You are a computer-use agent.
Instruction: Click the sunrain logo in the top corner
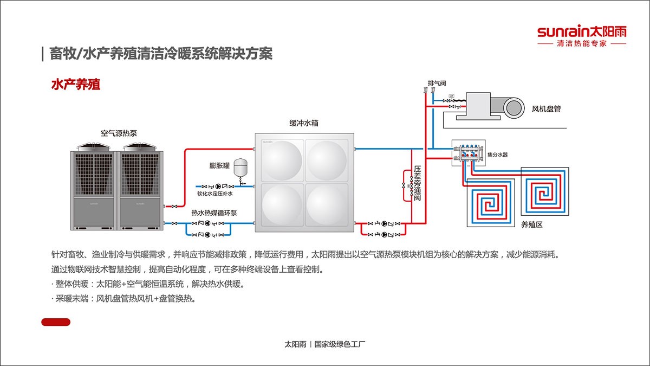[581, 31]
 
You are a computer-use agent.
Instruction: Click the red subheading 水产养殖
[75, 85]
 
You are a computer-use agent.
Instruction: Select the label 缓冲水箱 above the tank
[303, 123]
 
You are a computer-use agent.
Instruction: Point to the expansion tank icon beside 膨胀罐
[239, 168]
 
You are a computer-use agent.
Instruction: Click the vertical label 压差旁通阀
[418, 183]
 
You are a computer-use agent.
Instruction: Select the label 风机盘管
[546, 109]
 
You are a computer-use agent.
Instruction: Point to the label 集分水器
[497, 155]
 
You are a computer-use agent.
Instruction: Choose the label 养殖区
[531, 224]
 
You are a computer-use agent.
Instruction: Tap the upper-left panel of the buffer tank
[281, 160]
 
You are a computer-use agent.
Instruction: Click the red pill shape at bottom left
[56, 322]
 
